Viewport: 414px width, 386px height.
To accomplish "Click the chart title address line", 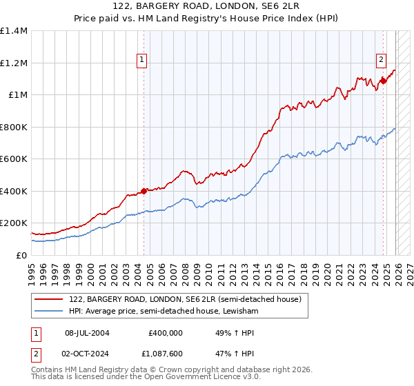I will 207,6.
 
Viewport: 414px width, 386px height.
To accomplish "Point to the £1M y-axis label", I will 18,95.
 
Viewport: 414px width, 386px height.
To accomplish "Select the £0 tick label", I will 22,255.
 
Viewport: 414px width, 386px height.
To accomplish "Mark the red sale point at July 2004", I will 144,191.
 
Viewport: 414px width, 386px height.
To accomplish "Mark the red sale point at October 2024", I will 383,81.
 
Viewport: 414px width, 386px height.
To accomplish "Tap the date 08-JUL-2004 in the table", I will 87,332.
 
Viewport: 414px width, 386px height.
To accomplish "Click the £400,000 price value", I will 165,332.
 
